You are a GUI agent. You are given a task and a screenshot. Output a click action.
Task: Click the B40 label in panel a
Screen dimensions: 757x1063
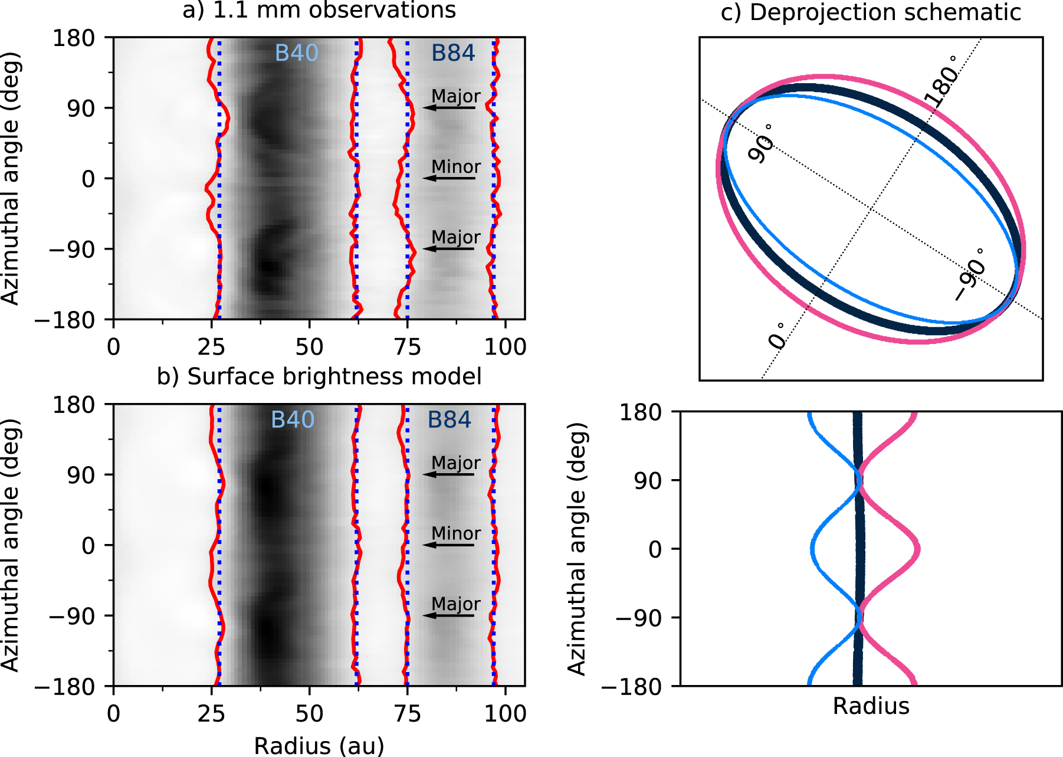tap(296, 53)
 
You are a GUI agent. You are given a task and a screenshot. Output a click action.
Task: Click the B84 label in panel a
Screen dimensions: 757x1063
tap(453, 53)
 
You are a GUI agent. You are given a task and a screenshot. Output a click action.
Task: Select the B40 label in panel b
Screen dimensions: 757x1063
tap(293, 420)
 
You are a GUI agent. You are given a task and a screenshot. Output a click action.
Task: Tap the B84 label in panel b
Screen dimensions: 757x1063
tap(450, 420)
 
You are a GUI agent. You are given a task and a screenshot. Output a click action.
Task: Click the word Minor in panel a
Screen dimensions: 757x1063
tap(456, 167)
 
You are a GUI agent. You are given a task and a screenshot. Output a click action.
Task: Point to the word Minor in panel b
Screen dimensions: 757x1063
tap(456, 533)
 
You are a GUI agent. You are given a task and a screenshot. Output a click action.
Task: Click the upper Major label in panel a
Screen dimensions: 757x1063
tap(456, 96)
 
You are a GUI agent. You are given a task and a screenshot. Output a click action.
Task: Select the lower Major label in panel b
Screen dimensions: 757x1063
tap(456, 604)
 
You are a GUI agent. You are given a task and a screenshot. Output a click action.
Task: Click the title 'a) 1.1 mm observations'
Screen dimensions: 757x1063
tap(319, 10)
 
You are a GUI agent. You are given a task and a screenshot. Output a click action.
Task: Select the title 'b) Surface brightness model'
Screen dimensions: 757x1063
tap(319, 376)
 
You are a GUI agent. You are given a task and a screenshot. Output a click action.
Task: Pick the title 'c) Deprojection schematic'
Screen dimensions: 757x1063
tap(871, 12)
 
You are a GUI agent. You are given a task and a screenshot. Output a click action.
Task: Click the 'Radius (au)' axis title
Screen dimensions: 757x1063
tap(319, 746)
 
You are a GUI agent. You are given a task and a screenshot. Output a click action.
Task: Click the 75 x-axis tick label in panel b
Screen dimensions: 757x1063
tap(408, 714)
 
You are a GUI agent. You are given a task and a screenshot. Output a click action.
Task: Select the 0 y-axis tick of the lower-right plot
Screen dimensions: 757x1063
tap(656, 550)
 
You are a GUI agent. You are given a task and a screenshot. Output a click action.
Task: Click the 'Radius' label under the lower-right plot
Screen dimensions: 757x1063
tap(871, 706)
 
